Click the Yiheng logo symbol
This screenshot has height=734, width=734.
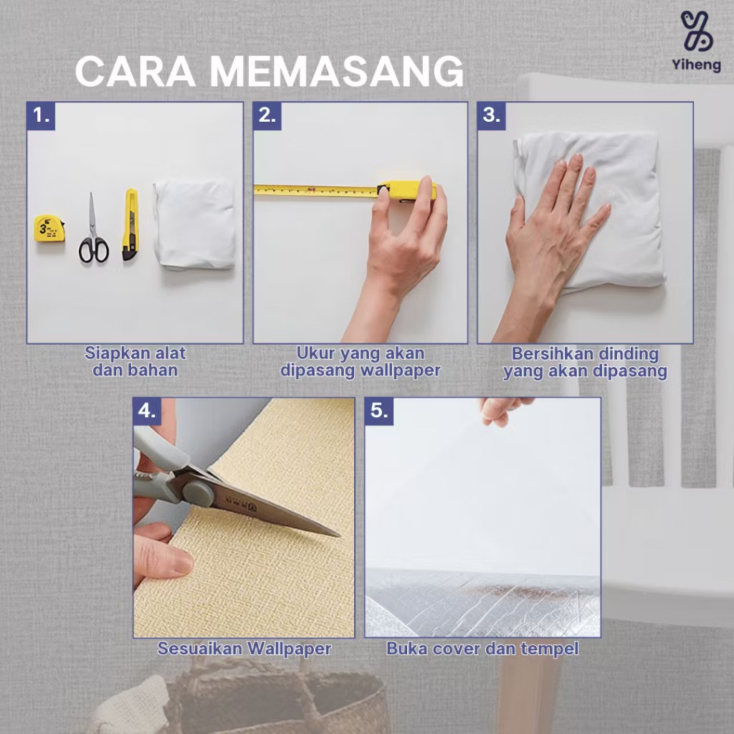pos(697,31)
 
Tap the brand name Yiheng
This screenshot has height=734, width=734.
pos(697,65)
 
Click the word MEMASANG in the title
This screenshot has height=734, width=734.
pos(336,71)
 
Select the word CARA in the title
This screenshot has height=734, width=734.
pos(135,71)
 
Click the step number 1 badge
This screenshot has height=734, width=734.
pos(41,115)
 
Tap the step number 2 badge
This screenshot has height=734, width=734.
pos(267,115)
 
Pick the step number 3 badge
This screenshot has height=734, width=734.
pos(492,115)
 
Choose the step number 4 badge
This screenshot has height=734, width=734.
pos(148,411)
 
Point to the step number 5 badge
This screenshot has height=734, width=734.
pos(379,411)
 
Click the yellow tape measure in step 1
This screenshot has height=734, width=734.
pos(49,229)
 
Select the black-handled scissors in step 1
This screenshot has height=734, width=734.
pos(93,229)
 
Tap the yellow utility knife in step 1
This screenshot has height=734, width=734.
pos(130,224)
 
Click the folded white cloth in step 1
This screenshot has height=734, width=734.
pos(194,224)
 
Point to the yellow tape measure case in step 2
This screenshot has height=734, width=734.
pos(406,191)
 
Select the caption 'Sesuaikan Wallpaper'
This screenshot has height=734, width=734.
pos(244,649)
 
